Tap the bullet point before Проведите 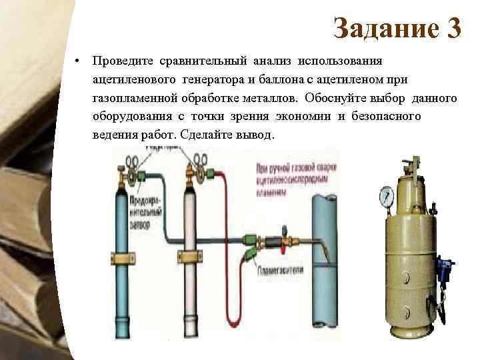(78, 61)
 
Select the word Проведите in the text (123, 61)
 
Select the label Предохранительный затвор (148, 213)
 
